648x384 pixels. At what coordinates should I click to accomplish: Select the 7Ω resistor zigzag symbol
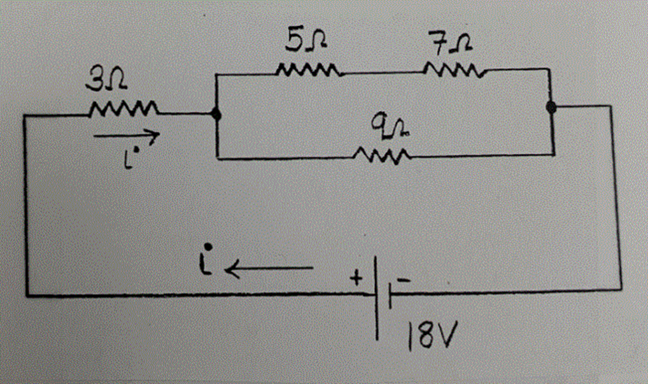click(x=454, y=69)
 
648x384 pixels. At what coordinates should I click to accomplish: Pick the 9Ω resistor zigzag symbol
click(x=383, y=155)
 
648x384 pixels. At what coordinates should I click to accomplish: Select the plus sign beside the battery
click(x=356, y=278)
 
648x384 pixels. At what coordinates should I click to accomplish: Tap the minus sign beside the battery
click(x=406, y=279)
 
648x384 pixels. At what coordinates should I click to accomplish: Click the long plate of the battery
click(x=377, y=296)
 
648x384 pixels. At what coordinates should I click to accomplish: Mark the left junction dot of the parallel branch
click(x=216, y=115)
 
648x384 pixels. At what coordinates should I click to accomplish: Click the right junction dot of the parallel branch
click(x=552, y=109)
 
